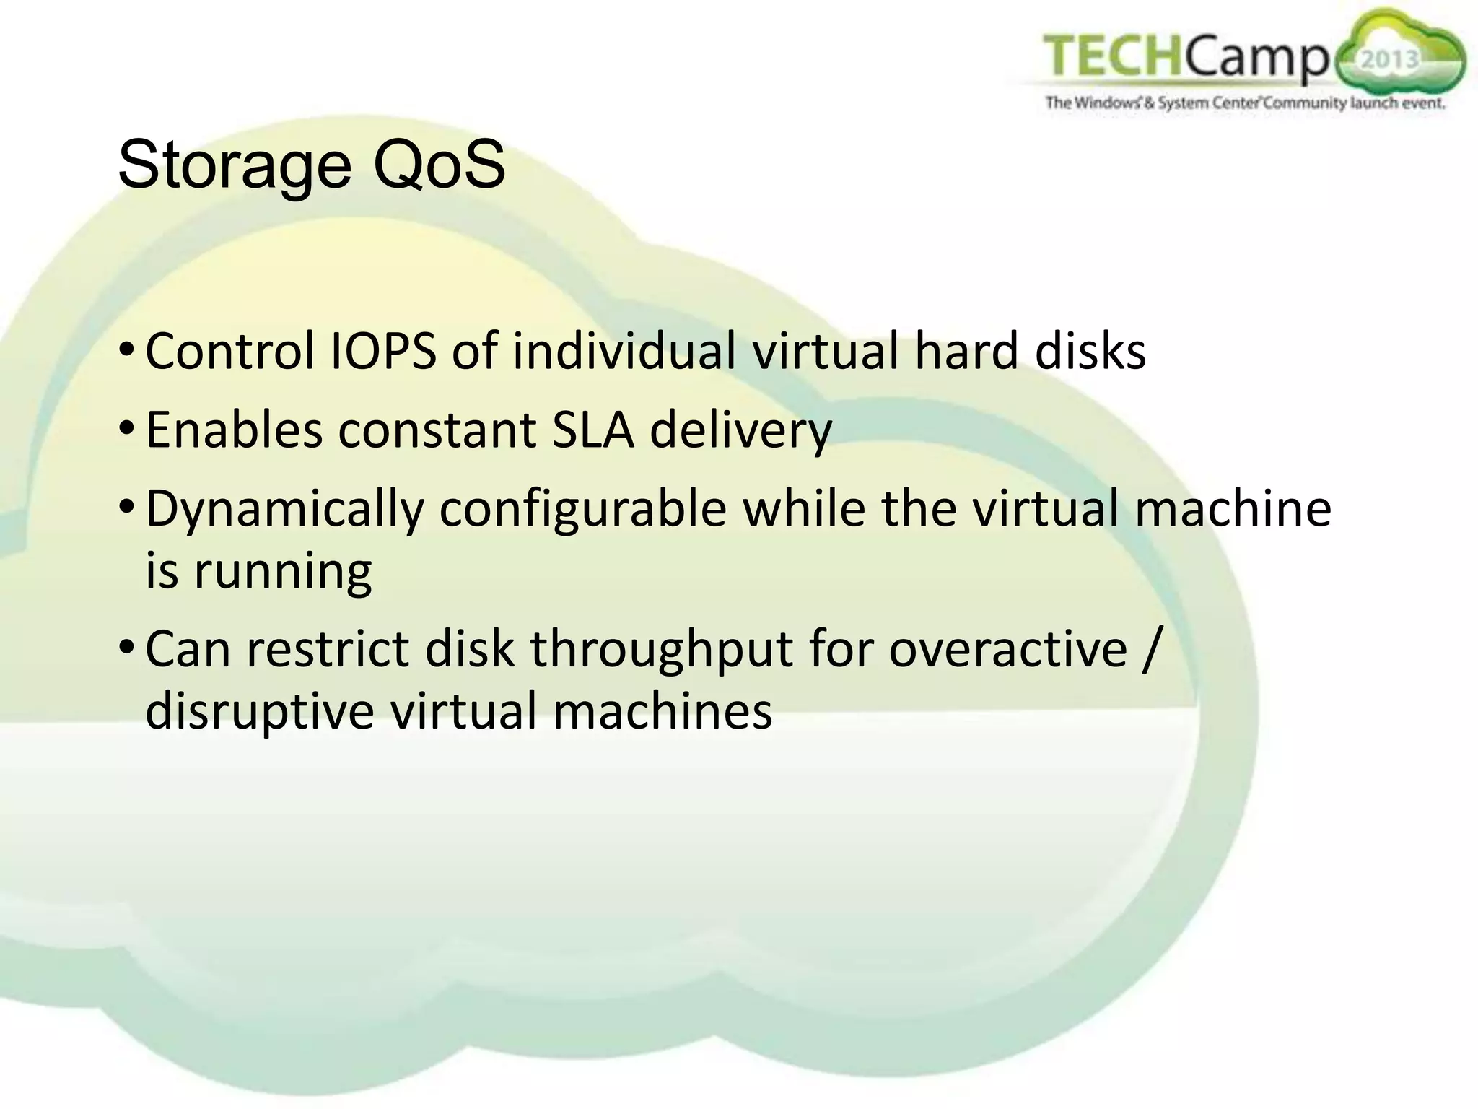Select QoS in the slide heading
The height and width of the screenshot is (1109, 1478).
pyautogui.click(x=438, y=166)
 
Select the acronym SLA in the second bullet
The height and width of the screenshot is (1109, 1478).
pyautogui.click(x=592, y=430)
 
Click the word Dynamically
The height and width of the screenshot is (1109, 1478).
pyautogui.click(x=284, y=510)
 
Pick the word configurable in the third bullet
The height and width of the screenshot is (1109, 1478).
pyautogui.click(x=582, y=510)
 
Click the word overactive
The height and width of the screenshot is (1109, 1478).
pyautogui.click(x=1007, y=648)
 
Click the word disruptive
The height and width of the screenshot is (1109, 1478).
pyautogui.click(x=260, y=712)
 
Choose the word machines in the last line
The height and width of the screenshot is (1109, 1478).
pyautogui.click(x=662, y=710)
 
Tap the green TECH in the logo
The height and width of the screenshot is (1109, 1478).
pyautogui.click(x=1112, y=56)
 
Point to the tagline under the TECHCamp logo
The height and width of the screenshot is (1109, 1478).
pyautogui.click(x=1245, y=103)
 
